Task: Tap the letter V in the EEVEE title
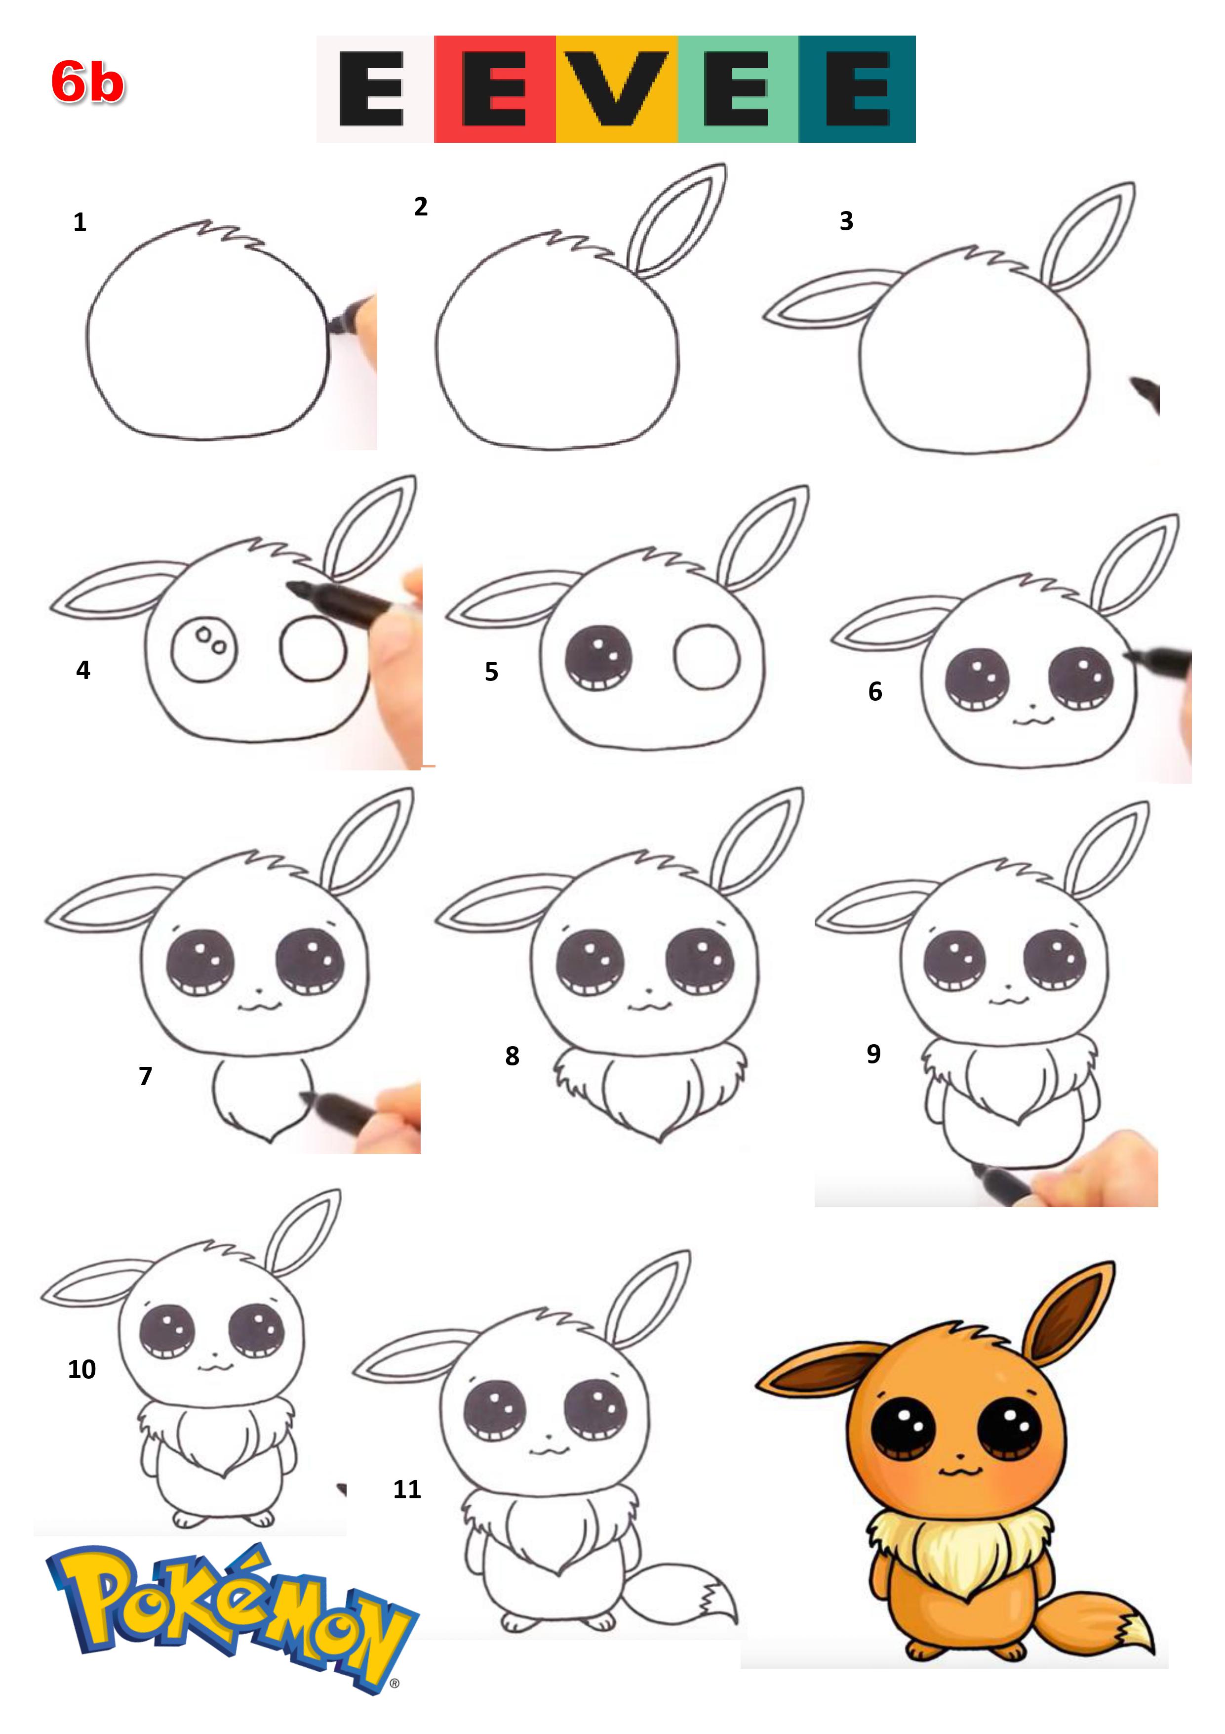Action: [x=617, y=88]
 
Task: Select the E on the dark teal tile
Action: [x=858, y=88]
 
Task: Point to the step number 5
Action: [x=491, y=672]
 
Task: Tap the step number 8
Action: [x=513, y=1056]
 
